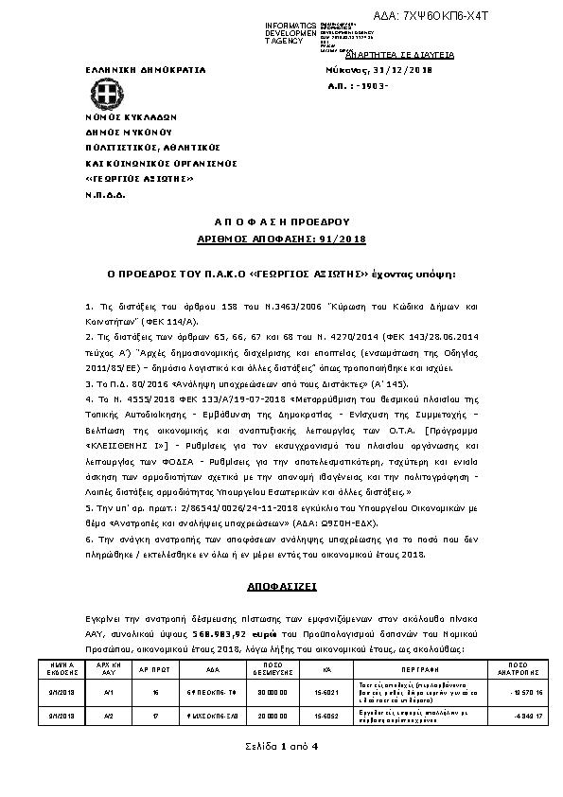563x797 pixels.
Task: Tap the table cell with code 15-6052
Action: coord(325,716)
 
